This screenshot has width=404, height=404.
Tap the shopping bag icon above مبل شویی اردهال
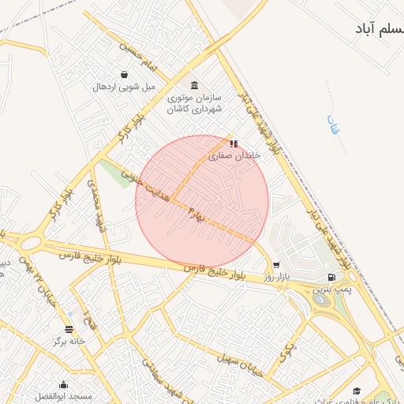[125, 75]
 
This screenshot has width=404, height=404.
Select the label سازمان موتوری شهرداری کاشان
[195, 103]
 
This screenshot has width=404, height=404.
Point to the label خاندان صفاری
[234, 156]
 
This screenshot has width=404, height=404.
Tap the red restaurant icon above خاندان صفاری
[233, 144]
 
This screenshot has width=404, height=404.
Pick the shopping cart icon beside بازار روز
[276, 266]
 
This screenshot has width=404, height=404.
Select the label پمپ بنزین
[331, 290]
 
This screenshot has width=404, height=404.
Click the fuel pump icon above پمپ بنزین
[331, 278]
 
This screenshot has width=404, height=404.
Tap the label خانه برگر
[69, 342]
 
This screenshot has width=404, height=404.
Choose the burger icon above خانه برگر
[69, 329]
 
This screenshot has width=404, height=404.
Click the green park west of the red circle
[116, 174]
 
